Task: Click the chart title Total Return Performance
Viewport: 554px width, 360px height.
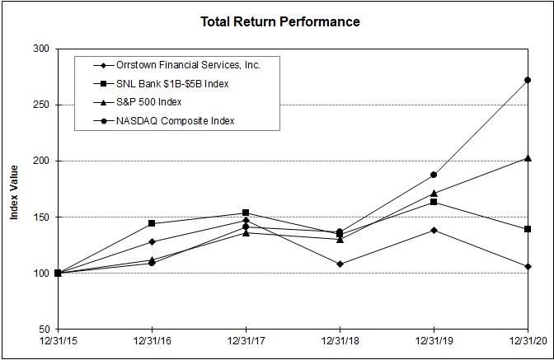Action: (280, 21)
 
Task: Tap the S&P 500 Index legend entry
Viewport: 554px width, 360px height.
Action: (148, 101)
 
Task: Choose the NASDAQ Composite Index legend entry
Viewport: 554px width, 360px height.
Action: (176, 120)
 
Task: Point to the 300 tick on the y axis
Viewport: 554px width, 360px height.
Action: (39, 49)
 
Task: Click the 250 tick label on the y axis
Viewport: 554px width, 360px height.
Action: (39, 105)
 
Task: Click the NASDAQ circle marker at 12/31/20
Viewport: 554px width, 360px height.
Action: (527, 80)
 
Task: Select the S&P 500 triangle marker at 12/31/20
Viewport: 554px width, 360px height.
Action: (527, 158)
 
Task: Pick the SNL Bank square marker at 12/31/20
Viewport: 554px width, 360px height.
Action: (527, 229)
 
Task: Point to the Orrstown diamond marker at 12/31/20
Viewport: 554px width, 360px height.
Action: (527, 266)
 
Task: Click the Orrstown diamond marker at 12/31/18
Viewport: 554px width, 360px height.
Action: (339, 264)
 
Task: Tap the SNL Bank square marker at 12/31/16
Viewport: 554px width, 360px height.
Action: (152, 223)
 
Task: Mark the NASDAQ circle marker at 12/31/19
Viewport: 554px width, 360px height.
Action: (433, 175)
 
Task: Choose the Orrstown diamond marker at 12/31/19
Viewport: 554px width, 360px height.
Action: (433, 230)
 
